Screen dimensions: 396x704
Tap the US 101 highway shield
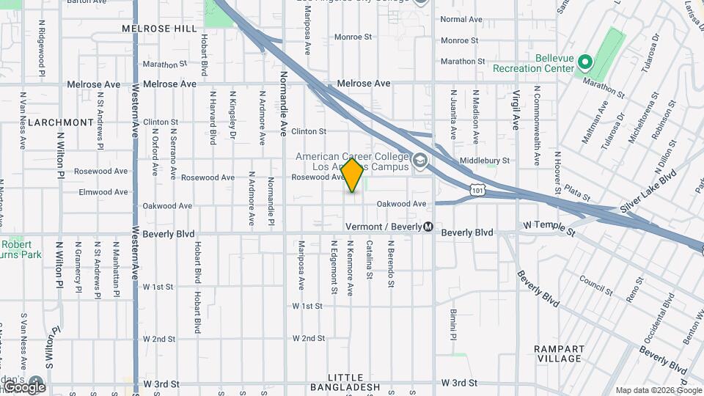point(477,191)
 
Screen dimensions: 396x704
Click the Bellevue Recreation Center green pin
point(584,62)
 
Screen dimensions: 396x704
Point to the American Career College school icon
point(419,161)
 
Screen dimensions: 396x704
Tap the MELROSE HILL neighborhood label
point(160,29)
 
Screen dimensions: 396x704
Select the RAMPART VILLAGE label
point(559,353)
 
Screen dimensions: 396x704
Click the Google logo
point(24,386)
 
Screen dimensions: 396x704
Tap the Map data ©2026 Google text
point(658,390)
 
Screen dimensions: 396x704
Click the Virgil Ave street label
point(516,110)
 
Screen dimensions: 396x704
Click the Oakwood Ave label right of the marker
point(401,204)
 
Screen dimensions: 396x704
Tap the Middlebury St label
point(484,161)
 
